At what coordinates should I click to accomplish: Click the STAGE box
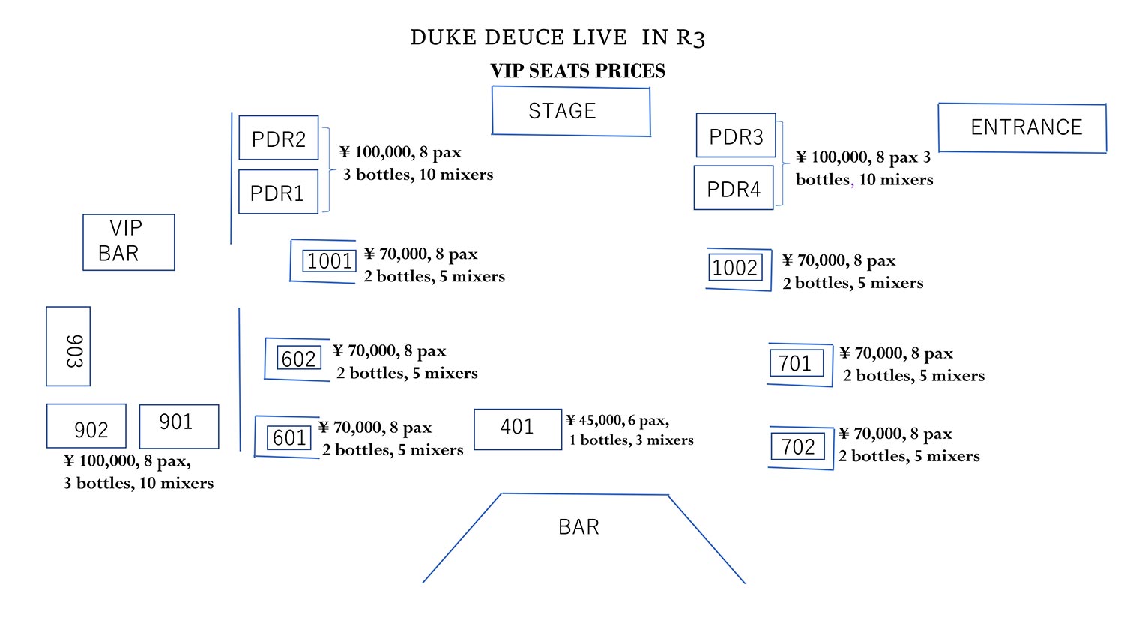tap(571, 111)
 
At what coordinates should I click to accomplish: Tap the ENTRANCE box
tap(1023, 127)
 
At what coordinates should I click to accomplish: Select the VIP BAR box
tap(129, 242)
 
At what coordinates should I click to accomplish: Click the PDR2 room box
tap(279, 138)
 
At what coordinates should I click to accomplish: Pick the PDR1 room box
tap(279, 192)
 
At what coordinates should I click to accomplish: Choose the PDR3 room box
tap(736, 135)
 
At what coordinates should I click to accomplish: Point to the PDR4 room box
tap(734, 188)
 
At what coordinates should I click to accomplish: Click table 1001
tap(329, 261)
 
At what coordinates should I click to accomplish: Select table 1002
tap(736, 267)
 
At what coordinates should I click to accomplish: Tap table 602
tap(299, 358)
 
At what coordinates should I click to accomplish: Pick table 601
tap(289, 437)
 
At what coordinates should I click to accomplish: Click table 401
tap(518, 429)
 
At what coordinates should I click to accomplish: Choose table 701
tap(797, 363)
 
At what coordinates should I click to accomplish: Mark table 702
tap(798, 446)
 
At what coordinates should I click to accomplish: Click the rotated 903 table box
tap(68, 346)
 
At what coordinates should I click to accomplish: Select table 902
tap(86, 425)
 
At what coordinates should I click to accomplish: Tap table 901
tap(179, 427)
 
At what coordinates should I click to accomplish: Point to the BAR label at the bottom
tap(578, 527)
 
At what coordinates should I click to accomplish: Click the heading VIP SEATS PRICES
tap(578, 70)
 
